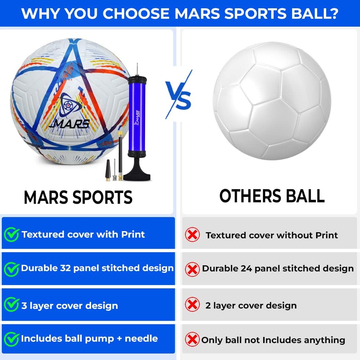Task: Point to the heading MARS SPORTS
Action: click(x=78, y=197)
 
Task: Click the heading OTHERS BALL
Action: click(x=272, y=196)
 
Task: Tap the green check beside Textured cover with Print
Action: click(x=12, y=235)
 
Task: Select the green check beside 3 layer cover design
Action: click(x=12, y=305)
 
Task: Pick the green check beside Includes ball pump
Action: click(x=12, y=339)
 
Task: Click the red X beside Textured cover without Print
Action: click(x=192, y=235)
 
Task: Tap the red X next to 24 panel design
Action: click(x=192, y=269)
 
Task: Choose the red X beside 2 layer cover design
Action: click(x=192, y=305)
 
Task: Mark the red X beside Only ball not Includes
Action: click(x=192, y=339)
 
